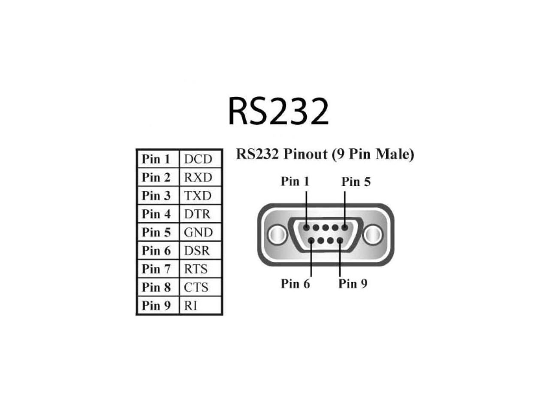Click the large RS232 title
[x=278, y=111]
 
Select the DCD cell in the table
[x=198, y=159]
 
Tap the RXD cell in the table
[x=198, y=177]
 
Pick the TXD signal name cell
[x=198, y=196]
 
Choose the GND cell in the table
[x=198, y=232]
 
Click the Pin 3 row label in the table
[x=156, y=196]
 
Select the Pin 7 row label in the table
[x=156, y=269]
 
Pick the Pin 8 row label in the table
[x=156, y=287]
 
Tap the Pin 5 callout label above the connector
[x=356, y=182]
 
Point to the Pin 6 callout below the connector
[x=295, y=284]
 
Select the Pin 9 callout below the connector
[x=353, y=284]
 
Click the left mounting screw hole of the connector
[x=277, y=235]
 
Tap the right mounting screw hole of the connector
[x=372, y=235]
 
